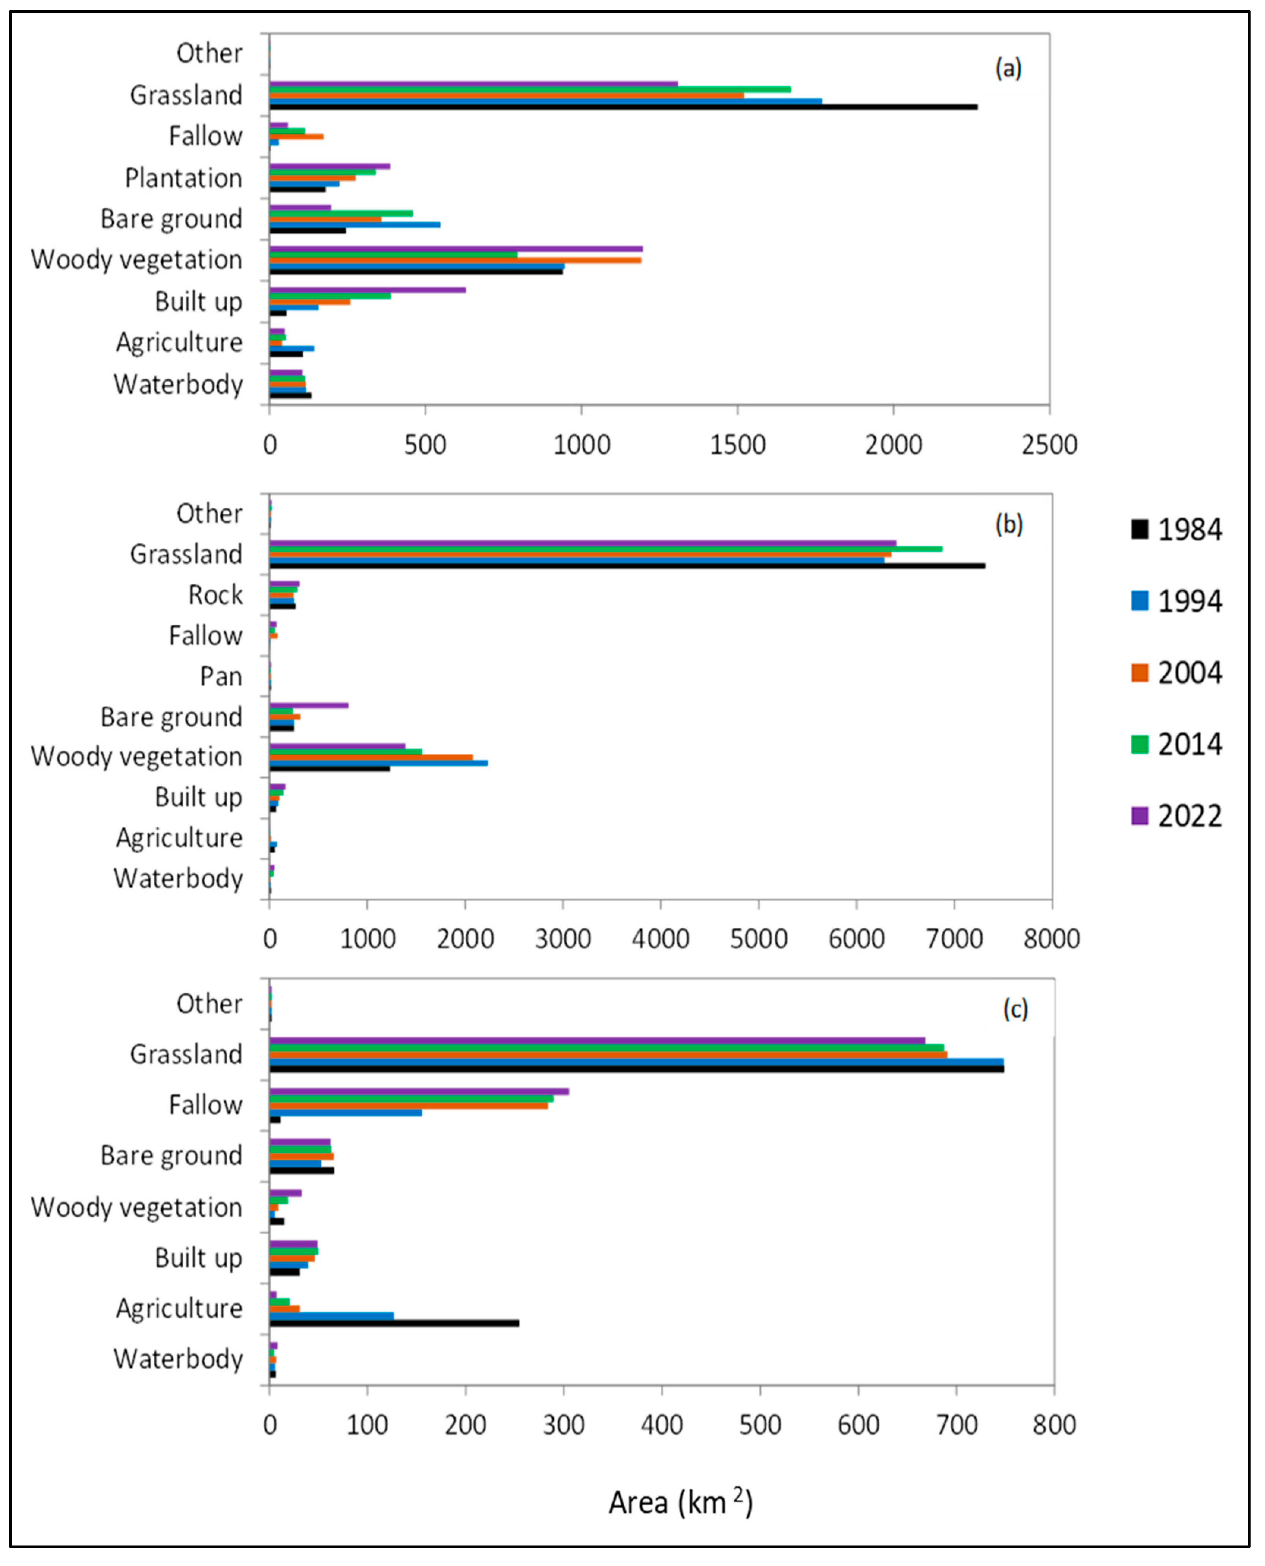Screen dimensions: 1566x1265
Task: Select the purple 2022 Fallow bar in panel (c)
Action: coord(419,1091)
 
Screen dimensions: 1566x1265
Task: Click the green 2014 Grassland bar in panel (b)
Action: coord(605,548)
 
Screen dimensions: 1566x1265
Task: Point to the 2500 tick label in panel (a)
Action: coord(1049,445)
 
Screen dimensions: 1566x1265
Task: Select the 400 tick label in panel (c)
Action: coord(662,1425)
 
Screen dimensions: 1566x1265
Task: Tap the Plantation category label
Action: coord(184,178)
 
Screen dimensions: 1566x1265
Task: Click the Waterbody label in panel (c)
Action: coord(178,1359)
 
